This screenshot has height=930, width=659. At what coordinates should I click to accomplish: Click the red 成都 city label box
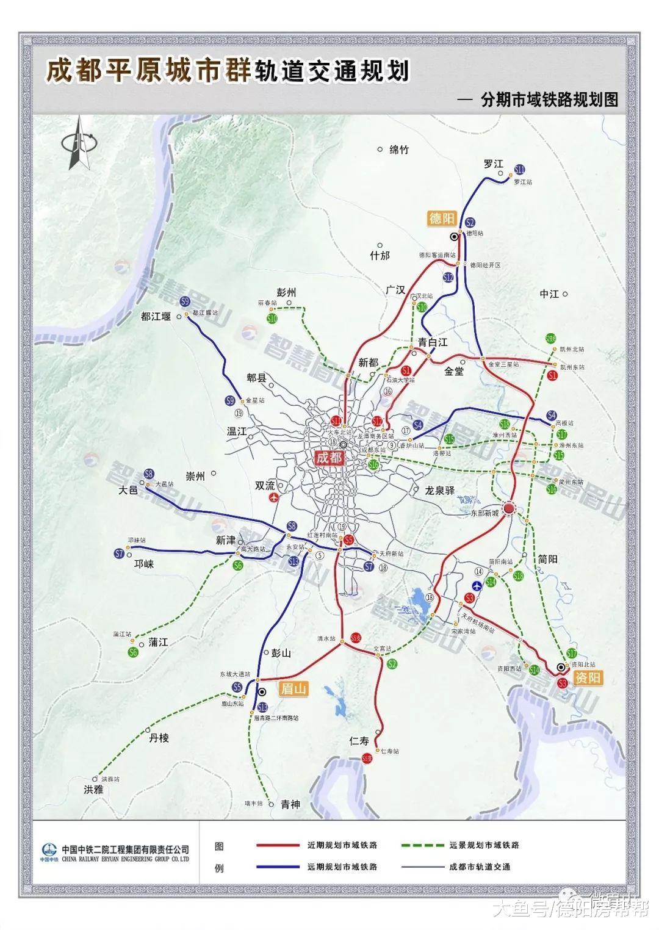pyautogui.click(x=329, y=457)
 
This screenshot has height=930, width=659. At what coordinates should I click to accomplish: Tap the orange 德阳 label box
pyautogui.click(x=442, y=218)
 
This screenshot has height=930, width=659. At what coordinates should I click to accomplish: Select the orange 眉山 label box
pyautogui.click(x=293, y=689)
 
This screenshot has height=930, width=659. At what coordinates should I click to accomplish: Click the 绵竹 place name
pyautogui.click(x=398, y=150)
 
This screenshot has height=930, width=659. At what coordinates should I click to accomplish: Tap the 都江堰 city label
pyautogui.click(x=156, y=316)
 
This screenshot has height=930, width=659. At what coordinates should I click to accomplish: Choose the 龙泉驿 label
pyautogui.click(x=440, y=489)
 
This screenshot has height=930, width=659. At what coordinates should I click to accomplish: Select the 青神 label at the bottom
pyautogui.click(x=290, y=804)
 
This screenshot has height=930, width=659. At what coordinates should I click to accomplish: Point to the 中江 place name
pyautogui.click(x=549, y=294)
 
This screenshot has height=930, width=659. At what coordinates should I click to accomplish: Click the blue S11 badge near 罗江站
pyautogui.click(x=520, y=170)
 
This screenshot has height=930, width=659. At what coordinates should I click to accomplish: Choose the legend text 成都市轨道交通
pyautogui.click(x=479, y=867)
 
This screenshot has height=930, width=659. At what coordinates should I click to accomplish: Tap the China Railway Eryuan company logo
pyautogui.click(x=49, y=850)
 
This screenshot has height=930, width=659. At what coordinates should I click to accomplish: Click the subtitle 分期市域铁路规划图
pyautogui.click(x=549, y=100)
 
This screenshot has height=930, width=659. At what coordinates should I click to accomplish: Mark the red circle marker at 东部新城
pyautogui.click(x=510, y=508)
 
